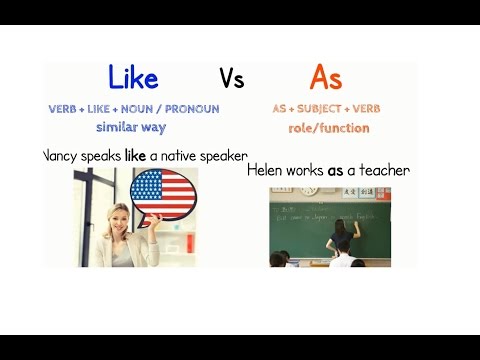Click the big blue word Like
coord(132,78)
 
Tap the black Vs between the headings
coord(231,79)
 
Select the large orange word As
coord(326,78)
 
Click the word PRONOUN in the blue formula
coord(194,109)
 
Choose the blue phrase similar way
coord(131,127)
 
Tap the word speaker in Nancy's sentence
coord(221,156)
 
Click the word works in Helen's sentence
coord(306,171)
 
